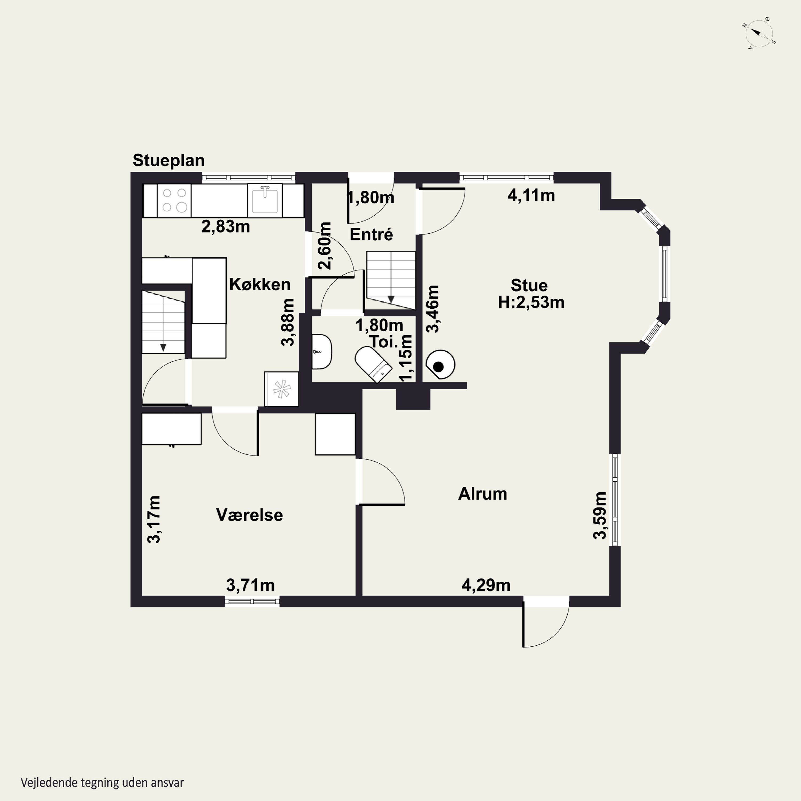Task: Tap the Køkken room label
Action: pos(260,284)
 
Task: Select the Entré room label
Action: pos(371,234)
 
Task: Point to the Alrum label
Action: pos(482,494)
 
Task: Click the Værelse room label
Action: pos(250,515)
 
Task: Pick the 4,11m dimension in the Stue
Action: pos(531,195)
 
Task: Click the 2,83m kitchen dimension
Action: pos(226,226)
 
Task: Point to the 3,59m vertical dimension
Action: pos(600,515)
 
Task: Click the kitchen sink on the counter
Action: pos(265,200)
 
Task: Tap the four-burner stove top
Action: pos(174,200)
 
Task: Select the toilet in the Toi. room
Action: pos(374,365)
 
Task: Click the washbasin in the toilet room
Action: pos(322,352)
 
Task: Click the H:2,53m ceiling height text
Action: pos(531,302)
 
